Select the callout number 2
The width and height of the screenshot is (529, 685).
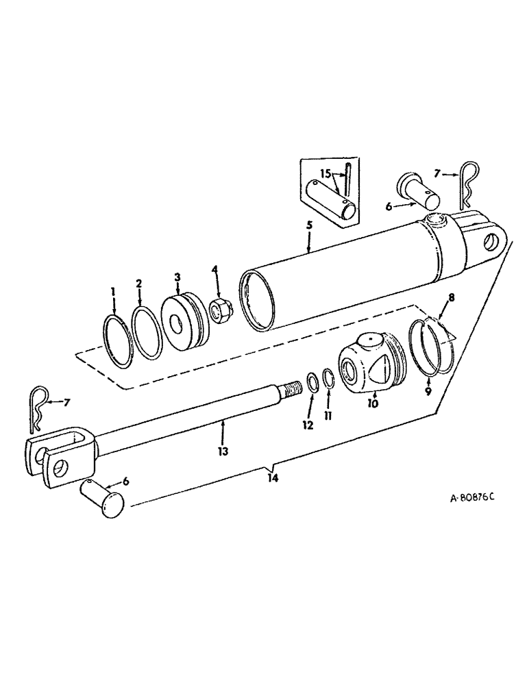[x=138, y=284]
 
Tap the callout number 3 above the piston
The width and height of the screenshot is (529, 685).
[x=177, y=277]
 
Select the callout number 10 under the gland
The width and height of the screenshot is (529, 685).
[x=373, y=403]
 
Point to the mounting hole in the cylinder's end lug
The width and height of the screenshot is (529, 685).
[x=491, y=242]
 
